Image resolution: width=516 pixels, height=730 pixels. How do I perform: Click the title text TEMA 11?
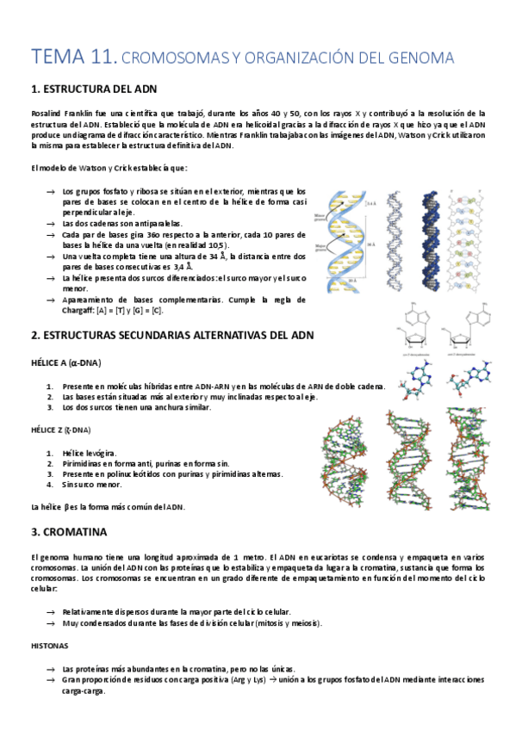click(x=73, y=59)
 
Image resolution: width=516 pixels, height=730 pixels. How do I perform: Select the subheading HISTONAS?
click(x=50, y=645)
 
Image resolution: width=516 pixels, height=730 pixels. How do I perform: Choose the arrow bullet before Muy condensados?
click(x=51, y=622)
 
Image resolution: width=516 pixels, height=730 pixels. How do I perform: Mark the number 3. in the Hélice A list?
click(x=50, y=407)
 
